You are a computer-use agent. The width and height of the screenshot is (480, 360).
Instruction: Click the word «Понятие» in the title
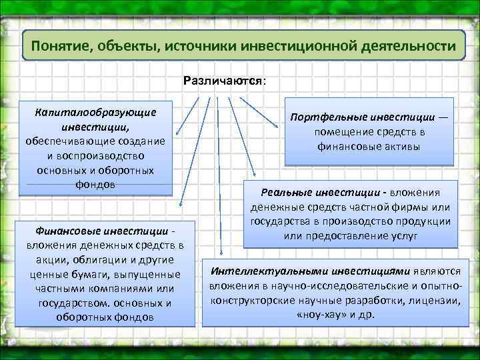[x=62, y=48]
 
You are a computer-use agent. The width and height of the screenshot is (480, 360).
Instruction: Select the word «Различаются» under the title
[x=223, y=81]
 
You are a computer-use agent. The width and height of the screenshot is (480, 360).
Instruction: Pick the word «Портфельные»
[x=328, y=117]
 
